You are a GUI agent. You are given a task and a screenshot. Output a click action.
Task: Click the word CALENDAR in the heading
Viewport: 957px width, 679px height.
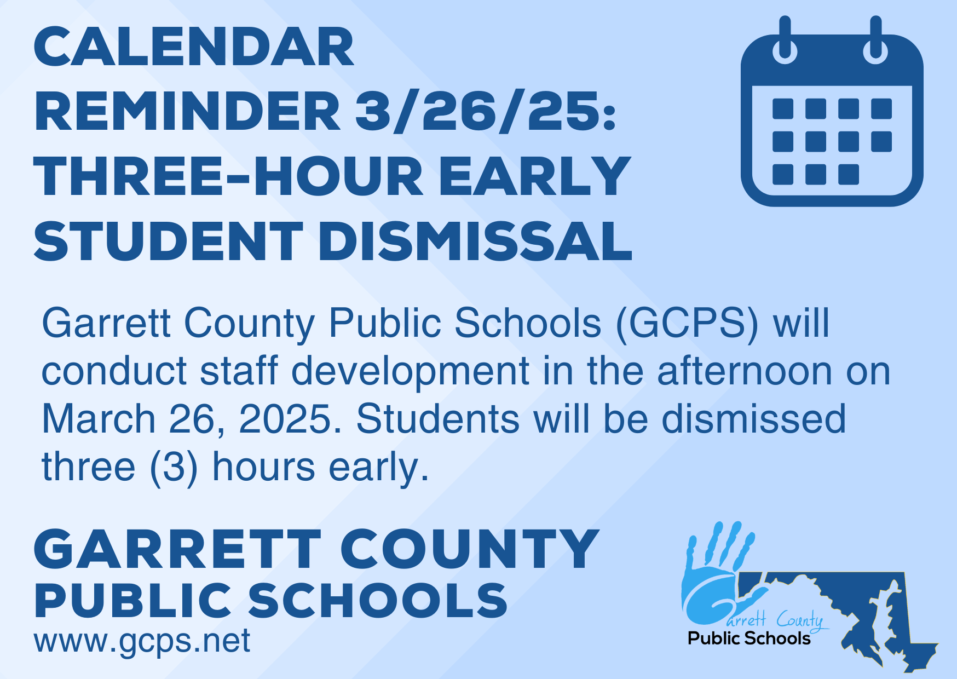[x=194, y=47]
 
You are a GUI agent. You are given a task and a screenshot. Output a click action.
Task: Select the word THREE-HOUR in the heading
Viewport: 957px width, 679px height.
[x=228, y=176]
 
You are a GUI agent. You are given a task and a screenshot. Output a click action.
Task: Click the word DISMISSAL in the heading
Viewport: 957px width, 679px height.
[x=475, y=241]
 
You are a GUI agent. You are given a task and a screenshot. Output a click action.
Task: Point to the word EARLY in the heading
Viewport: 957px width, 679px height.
[x=535, y=176]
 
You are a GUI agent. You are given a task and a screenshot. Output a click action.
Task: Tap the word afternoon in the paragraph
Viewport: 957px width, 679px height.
[x=746, y=371]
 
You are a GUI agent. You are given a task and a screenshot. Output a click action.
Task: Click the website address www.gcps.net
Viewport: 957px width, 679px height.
[x=142, y=641]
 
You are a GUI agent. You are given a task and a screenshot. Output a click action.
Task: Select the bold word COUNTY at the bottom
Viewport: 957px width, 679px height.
[x=470, y=549]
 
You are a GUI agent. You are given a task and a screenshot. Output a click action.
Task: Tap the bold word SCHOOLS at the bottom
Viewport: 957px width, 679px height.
[x=378, y=601]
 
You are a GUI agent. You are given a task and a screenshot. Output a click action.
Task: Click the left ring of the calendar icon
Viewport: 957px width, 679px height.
[x=785, y=40]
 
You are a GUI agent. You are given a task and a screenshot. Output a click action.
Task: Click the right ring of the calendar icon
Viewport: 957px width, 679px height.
[x=875, y=40]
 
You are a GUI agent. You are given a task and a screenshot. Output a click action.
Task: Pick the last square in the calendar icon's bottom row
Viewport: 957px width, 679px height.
[x=849, y=175]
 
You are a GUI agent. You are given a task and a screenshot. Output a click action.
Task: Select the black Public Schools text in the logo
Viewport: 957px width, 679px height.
[x=749, y=638]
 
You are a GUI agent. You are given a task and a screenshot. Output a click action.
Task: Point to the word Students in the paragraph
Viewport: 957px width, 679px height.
[x=437, y=419]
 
